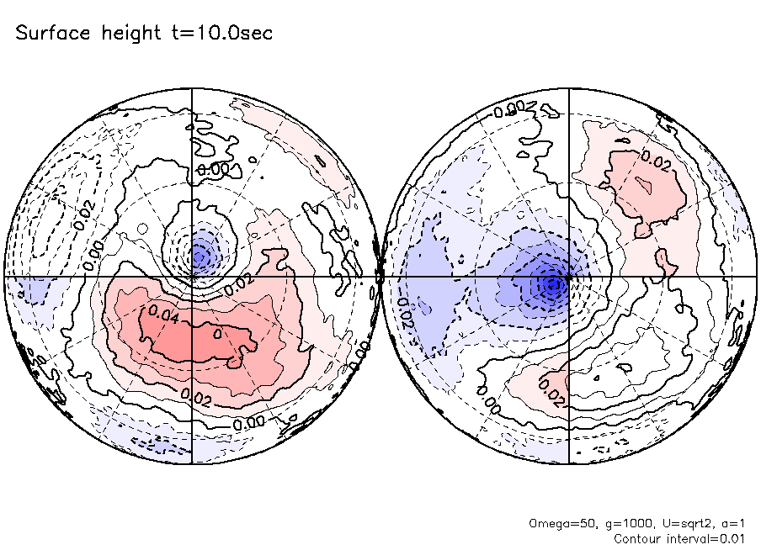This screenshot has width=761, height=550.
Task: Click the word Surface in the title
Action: [52, 34]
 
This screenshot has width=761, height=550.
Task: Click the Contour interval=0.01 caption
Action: [680, 538]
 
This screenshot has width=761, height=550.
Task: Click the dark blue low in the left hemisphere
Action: [200, 252]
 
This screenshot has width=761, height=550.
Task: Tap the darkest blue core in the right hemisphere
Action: [552, 285]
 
